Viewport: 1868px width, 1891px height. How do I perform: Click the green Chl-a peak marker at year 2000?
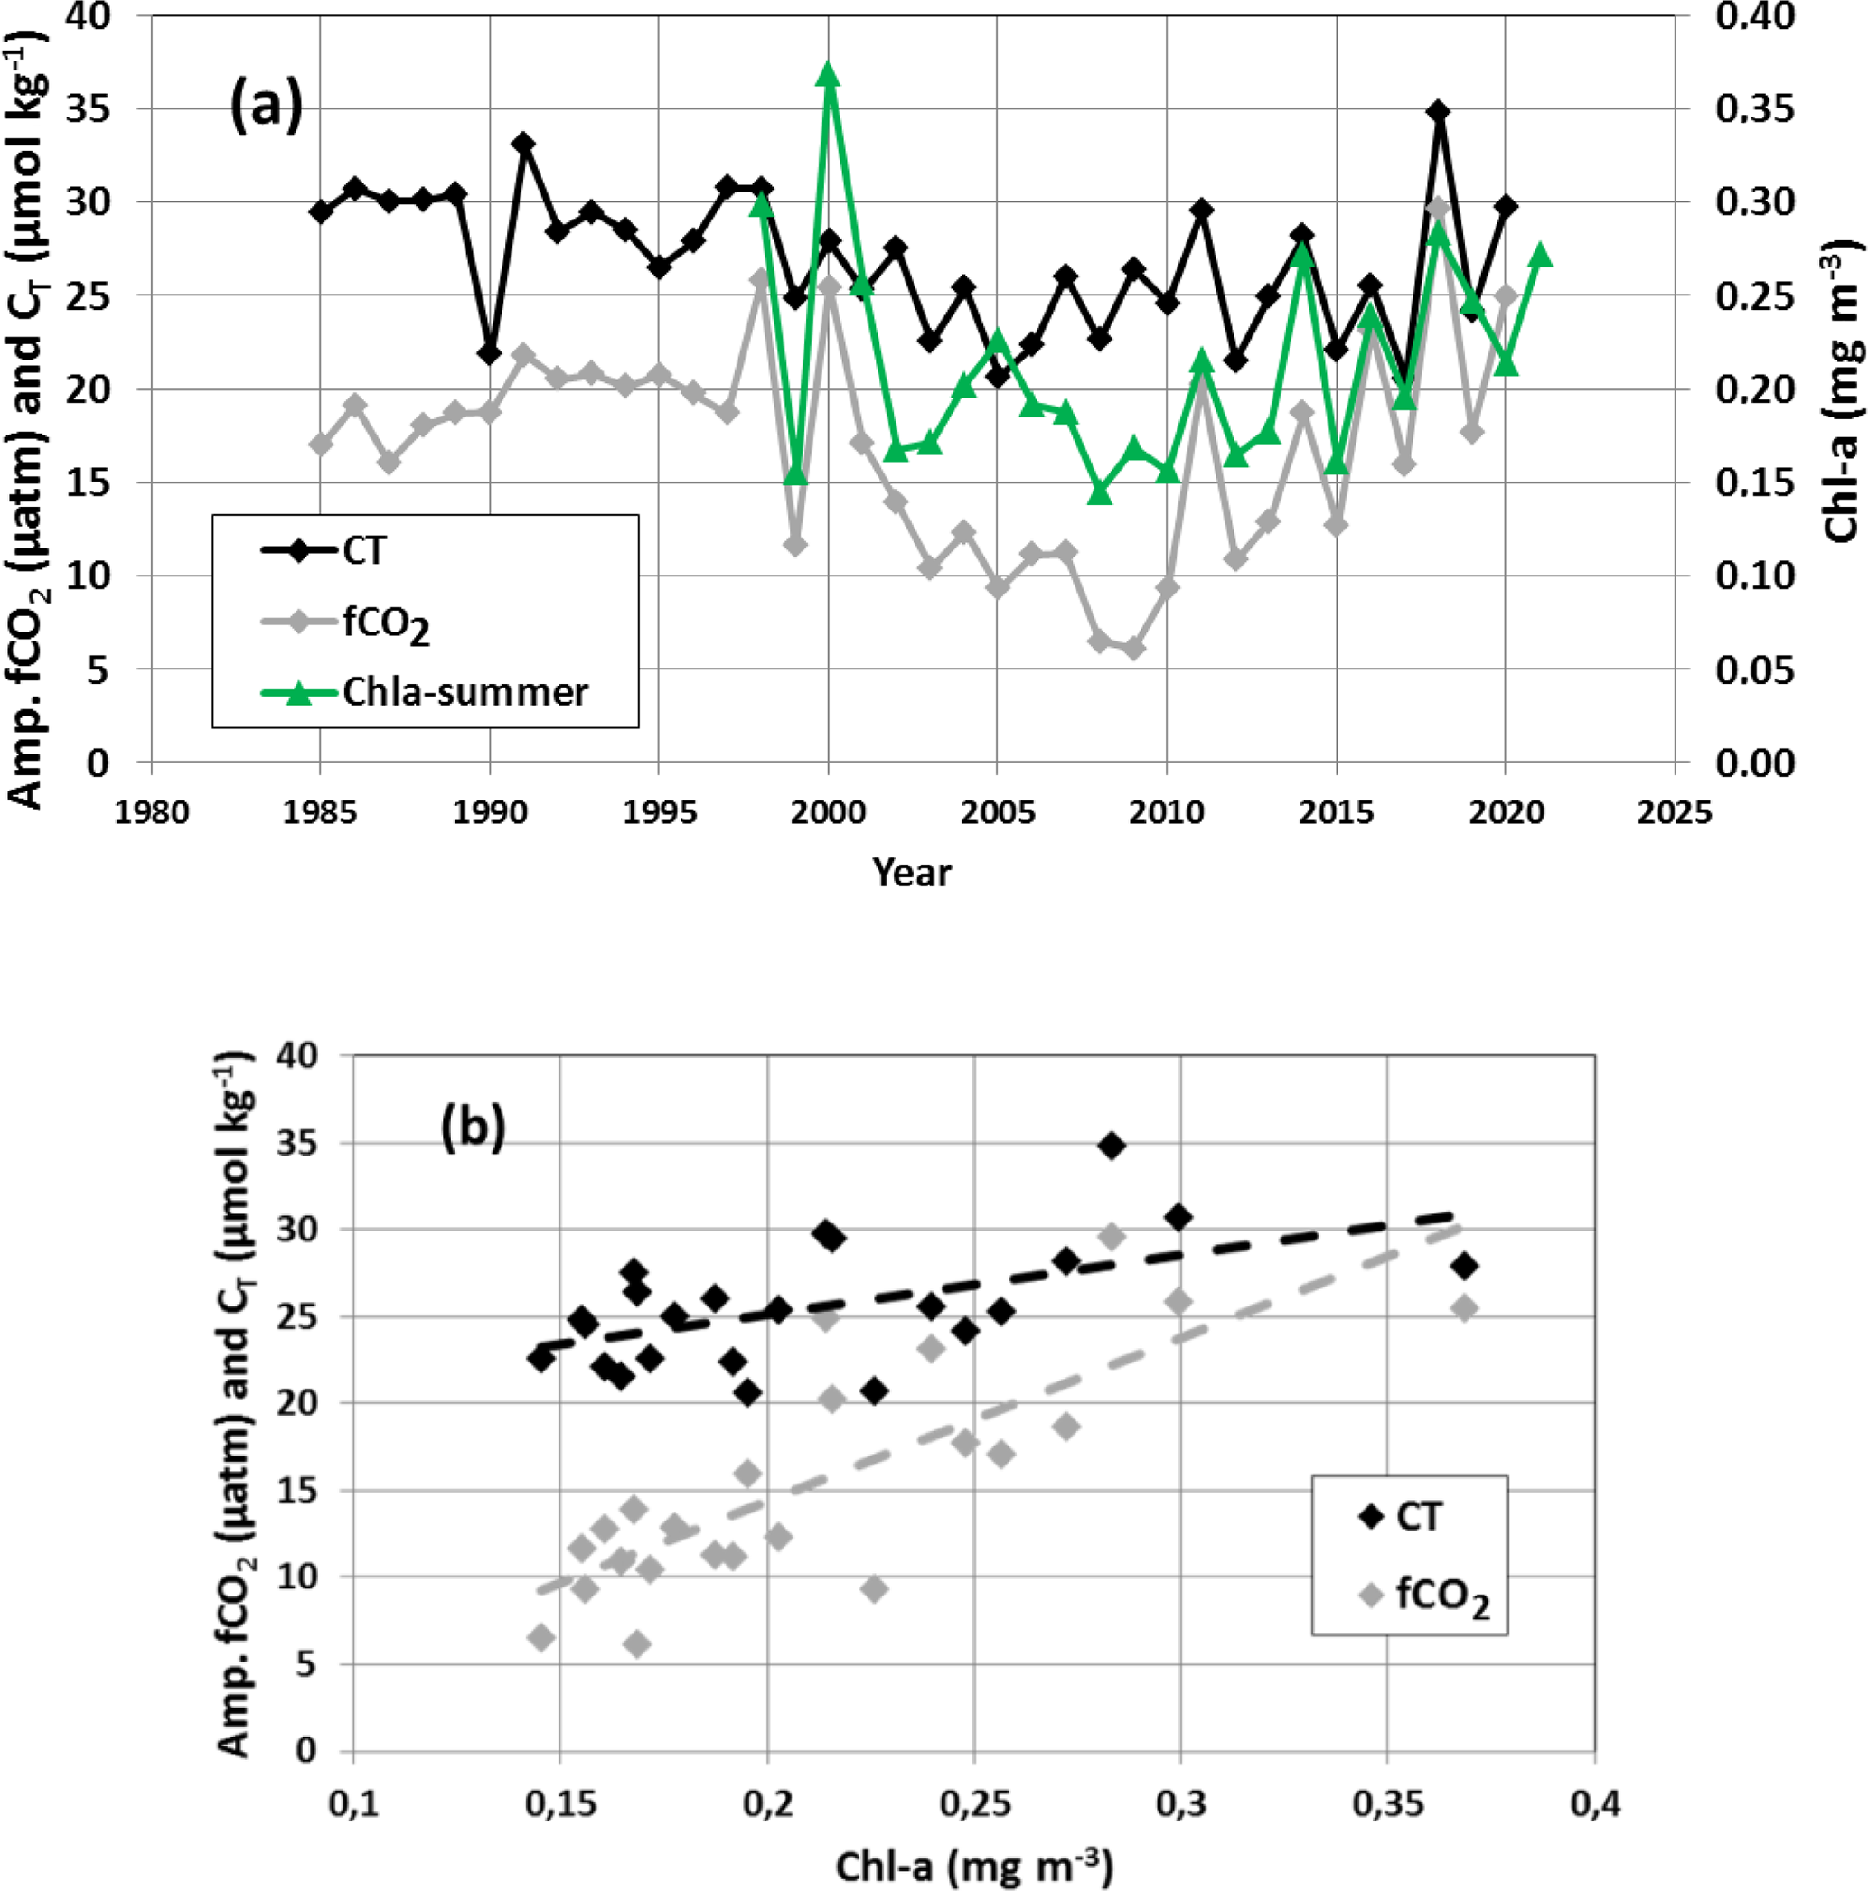pos(828,74)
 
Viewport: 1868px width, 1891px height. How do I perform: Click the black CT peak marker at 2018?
pos(1437,112)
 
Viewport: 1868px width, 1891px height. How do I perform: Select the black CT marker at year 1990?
pos(490,353)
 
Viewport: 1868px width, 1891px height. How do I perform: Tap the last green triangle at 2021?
pos(1539,255)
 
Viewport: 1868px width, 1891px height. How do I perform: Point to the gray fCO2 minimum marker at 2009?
pos(1133,649)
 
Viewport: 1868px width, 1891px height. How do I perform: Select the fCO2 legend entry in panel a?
pos(386,623)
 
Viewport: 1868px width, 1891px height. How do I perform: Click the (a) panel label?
pos(266,106)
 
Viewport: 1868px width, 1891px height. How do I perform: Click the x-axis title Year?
pos(912,871)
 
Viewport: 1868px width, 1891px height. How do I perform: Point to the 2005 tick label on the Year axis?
pos(997,812)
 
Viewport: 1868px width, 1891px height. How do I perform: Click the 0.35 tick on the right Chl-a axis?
pos(1754,108)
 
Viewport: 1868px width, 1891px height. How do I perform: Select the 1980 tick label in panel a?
pos(152,812)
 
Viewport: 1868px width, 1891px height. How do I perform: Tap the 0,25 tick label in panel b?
pos(974,1804)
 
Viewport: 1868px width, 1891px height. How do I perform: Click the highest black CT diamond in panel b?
pos(1110,1146)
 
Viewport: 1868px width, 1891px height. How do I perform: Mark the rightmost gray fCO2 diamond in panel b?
pos(1465,1307)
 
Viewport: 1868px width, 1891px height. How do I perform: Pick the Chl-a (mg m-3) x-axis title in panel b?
pos(973,1866)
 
